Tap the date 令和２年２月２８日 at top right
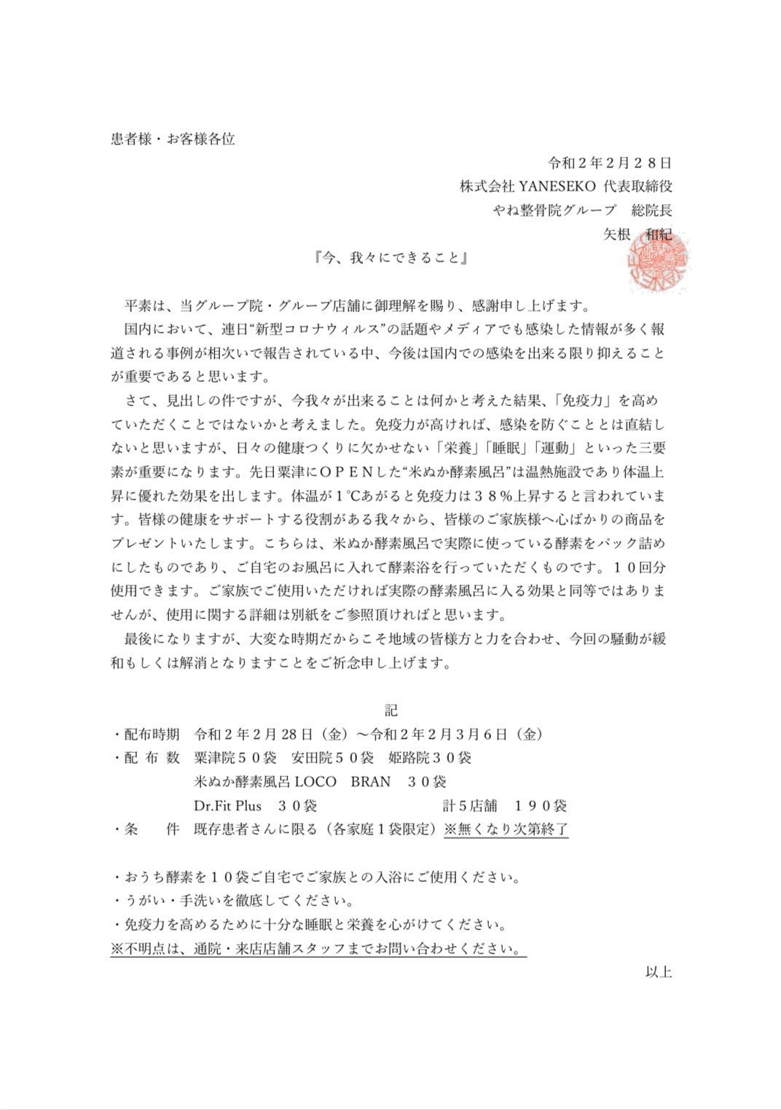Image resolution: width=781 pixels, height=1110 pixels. coord(610,163)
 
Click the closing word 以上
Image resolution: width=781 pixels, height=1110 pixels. coord(658,972)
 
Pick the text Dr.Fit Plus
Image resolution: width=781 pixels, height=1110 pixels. coord(228,805)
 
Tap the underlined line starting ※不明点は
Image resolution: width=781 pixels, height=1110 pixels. coord(318,950)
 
